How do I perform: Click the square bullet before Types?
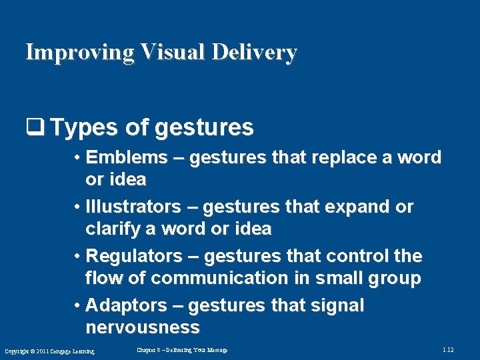coord(33,127)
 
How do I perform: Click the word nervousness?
coord(142,327)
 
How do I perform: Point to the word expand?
coord(355,207)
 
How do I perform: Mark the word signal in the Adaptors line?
coord(338,305)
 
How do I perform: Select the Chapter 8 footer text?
coord(182,350)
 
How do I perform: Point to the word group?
coord(393,278)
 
